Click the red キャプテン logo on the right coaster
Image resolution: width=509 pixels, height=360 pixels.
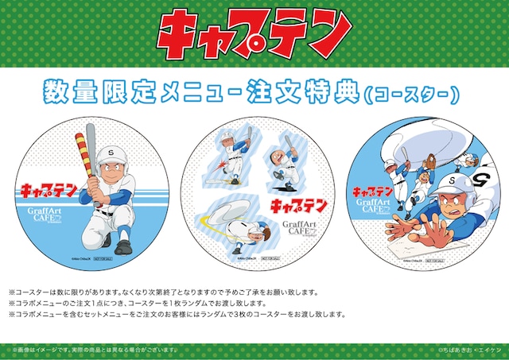click(372, 192)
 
